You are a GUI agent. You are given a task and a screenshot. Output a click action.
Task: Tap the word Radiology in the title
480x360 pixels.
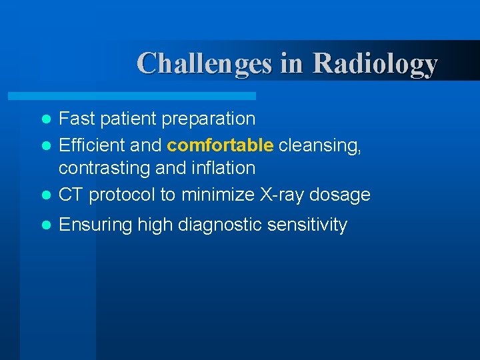click(375, 63)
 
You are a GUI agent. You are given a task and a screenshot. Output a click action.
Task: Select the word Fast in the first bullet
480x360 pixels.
click(78, 119)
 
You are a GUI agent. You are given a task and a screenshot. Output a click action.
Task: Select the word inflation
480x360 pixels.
click(223, 168)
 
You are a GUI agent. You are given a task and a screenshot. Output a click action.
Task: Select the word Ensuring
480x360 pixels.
click(96, 225)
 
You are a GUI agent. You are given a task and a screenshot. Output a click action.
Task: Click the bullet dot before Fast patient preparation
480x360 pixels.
click(46, 119)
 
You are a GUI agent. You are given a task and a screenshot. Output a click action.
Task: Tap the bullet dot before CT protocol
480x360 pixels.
click(46, 195)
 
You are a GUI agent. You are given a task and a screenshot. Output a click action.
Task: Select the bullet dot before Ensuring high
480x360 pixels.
click(46, 225)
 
